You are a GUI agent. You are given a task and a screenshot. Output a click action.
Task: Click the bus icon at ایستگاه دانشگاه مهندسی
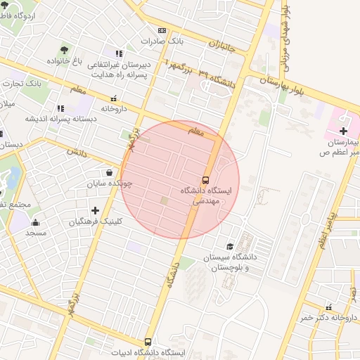pos(206,179)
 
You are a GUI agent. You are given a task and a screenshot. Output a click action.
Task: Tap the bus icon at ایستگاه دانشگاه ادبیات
pos(148,341)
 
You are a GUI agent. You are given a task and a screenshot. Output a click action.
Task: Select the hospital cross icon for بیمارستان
pos(342,131)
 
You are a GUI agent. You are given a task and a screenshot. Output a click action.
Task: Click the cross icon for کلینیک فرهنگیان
pos(96,210)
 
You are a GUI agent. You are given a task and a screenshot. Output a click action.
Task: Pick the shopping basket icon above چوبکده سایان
pos(109,172)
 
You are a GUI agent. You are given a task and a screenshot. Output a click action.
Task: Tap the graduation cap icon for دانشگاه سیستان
pos(230,246)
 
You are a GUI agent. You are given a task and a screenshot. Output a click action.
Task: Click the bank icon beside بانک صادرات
pos(162,30)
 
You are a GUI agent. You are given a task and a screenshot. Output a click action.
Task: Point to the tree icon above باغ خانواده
pos(64,50)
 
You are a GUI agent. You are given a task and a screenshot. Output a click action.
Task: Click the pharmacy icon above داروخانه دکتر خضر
pos(328,307)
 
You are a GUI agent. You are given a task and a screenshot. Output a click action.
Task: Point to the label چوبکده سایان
pos(110,184)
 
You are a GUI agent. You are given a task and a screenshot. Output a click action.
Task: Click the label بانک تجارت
pos(23,83)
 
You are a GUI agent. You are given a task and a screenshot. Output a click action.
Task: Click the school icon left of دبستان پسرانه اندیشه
pos(60,108)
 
